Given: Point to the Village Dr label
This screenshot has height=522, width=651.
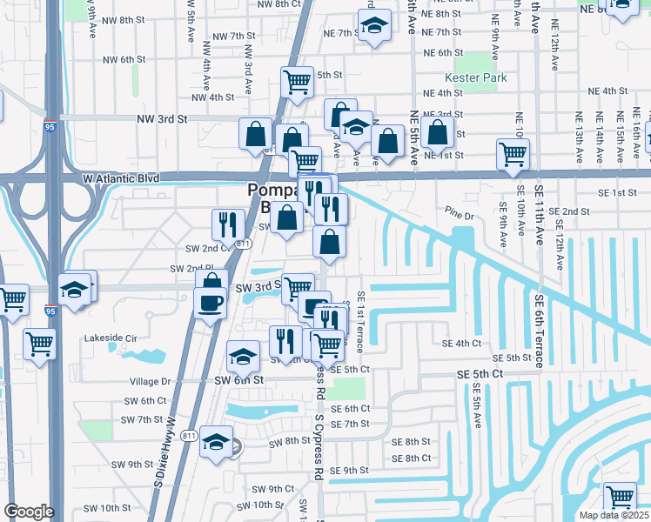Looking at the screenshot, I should point(151,381).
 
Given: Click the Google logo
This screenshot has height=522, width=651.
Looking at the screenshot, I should point(28,512).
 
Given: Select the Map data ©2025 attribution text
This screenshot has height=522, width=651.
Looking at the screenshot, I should point(614,515).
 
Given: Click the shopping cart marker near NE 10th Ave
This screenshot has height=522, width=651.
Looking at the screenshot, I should point(513,154).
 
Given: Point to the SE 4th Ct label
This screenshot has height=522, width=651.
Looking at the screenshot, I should point(461,344).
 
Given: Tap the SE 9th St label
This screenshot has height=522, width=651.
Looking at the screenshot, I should point(350,471).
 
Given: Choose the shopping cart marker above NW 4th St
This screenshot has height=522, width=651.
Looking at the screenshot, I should point(297,82).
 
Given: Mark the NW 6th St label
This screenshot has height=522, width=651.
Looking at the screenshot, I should point(123,59).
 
